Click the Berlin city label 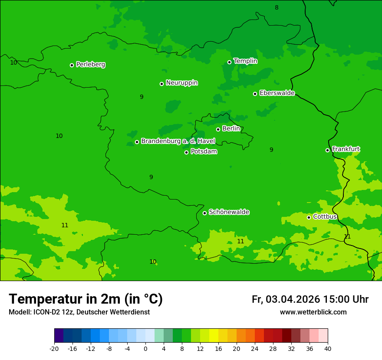231,128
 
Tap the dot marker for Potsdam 187,152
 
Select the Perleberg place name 90,65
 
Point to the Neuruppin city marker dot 161,84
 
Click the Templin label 245,61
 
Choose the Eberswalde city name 277,93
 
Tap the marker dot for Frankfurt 327,150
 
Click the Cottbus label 325,216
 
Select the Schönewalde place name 229,212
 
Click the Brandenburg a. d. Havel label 178,141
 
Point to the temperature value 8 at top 277,7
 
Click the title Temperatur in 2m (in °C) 86,299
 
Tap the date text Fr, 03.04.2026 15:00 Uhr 310,299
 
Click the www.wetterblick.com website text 313,312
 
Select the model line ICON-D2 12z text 79,312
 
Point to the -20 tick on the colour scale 54,348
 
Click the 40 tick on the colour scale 328,348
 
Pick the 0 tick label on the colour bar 145,348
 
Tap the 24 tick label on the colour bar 255,348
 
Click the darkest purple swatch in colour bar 59,336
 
